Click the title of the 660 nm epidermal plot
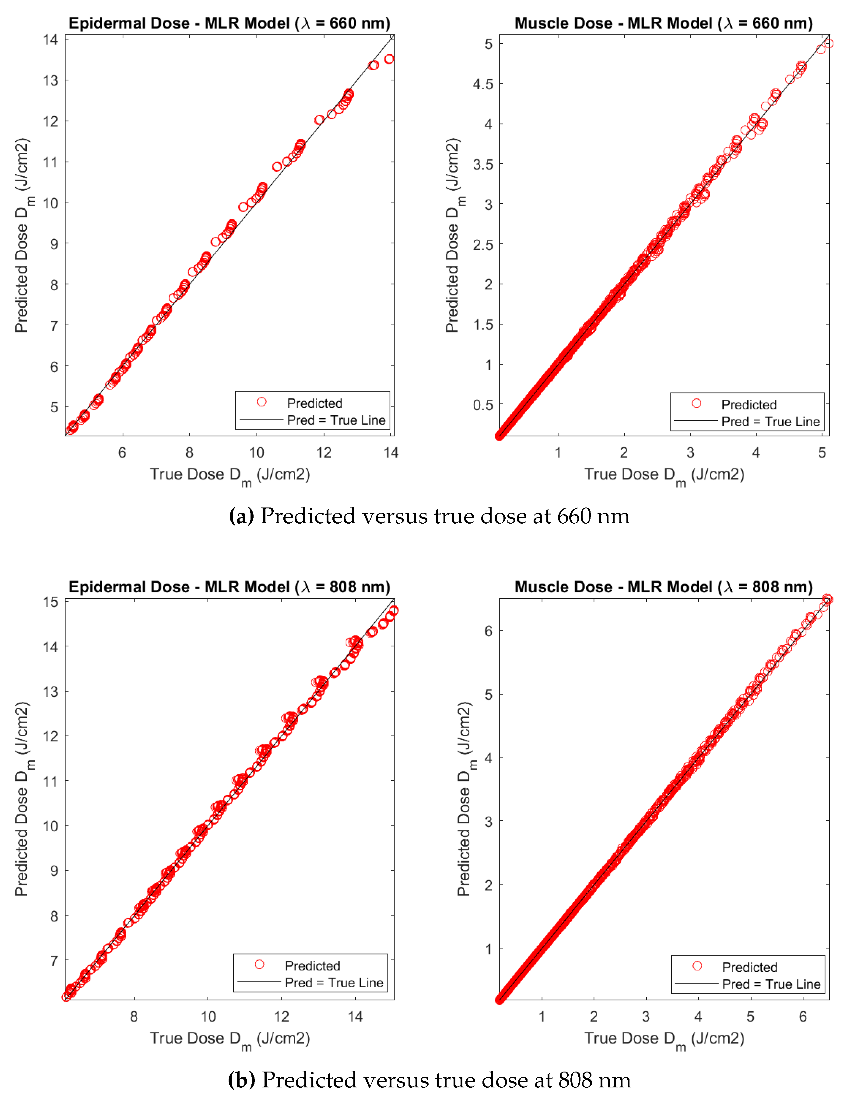point(229,23)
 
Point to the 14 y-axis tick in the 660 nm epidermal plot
point(51,40)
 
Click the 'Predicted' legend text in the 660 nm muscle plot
point(749,405)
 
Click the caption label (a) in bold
point(241,516)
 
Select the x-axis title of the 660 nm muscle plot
point(664,475)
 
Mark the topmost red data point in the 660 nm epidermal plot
point(389,59)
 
